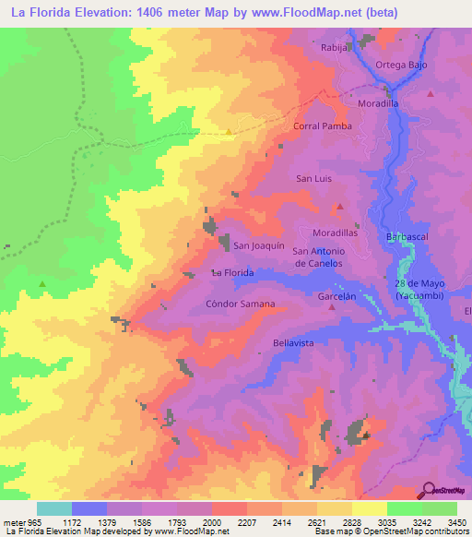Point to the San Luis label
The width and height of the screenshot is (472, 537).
pos(313,178)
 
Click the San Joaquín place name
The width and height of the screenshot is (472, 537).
pos(257,245)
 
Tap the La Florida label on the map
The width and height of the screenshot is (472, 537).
pos(232,273)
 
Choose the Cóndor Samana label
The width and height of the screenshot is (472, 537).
pos(240,304)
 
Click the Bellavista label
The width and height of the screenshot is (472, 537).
pos(294,342)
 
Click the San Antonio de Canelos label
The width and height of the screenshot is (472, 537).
pos(318,257)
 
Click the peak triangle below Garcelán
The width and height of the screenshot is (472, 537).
pos(333,308)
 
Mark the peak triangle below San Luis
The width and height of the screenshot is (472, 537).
pos(339,207)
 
